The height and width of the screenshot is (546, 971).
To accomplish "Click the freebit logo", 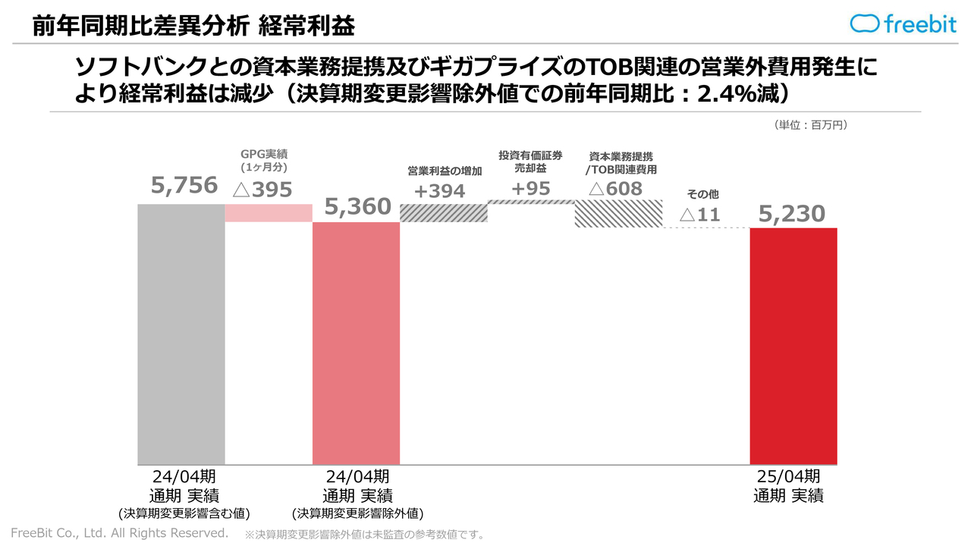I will tap(903, 24).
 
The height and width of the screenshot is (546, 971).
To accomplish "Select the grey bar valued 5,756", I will tap(181, 334).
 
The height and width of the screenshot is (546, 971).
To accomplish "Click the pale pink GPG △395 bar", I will tap(269, 213).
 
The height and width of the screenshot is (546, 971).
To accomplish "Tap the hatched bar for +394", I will tap(443, 213).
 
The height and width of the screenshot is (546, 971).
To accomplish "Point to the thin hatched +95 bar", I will tap(531, 202).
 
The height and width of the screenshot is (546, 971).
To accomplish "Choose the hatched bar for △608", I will tap(618, 214).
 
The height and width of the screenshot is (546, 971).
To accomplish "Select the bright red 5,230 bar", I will tap(793, 346).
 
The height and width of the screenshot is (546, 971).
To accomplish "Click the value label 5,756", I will tap(184, 185).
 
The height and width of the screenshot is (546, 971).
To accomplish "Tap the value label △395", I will tap(262, 190).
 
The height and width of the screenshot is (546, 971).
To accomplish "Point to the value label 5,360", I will tap(358, 206).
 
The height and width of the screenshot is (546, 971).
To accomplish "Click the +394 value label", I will tap(439, 191).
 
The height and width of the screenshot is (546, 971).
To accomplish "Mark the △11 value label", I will tap(699, 215).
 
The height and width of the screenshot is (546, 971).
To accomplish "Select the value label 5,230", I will tap(792, 214).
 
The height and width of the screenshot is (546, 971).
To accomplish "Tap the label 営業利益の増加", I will tap(445, 171).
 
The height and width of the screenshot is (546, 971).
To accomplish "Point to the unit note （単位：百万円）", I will tap(810, 124).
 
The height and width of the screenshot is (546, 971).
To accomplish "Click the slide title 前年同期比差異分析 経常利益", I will tap(194, 26).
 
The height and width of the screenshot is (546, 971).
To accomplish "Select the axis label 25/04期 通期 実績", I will tap(789, 486).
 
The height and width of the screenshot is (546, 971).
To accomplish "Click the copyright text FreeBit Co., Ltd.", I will tap(119, 533).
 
